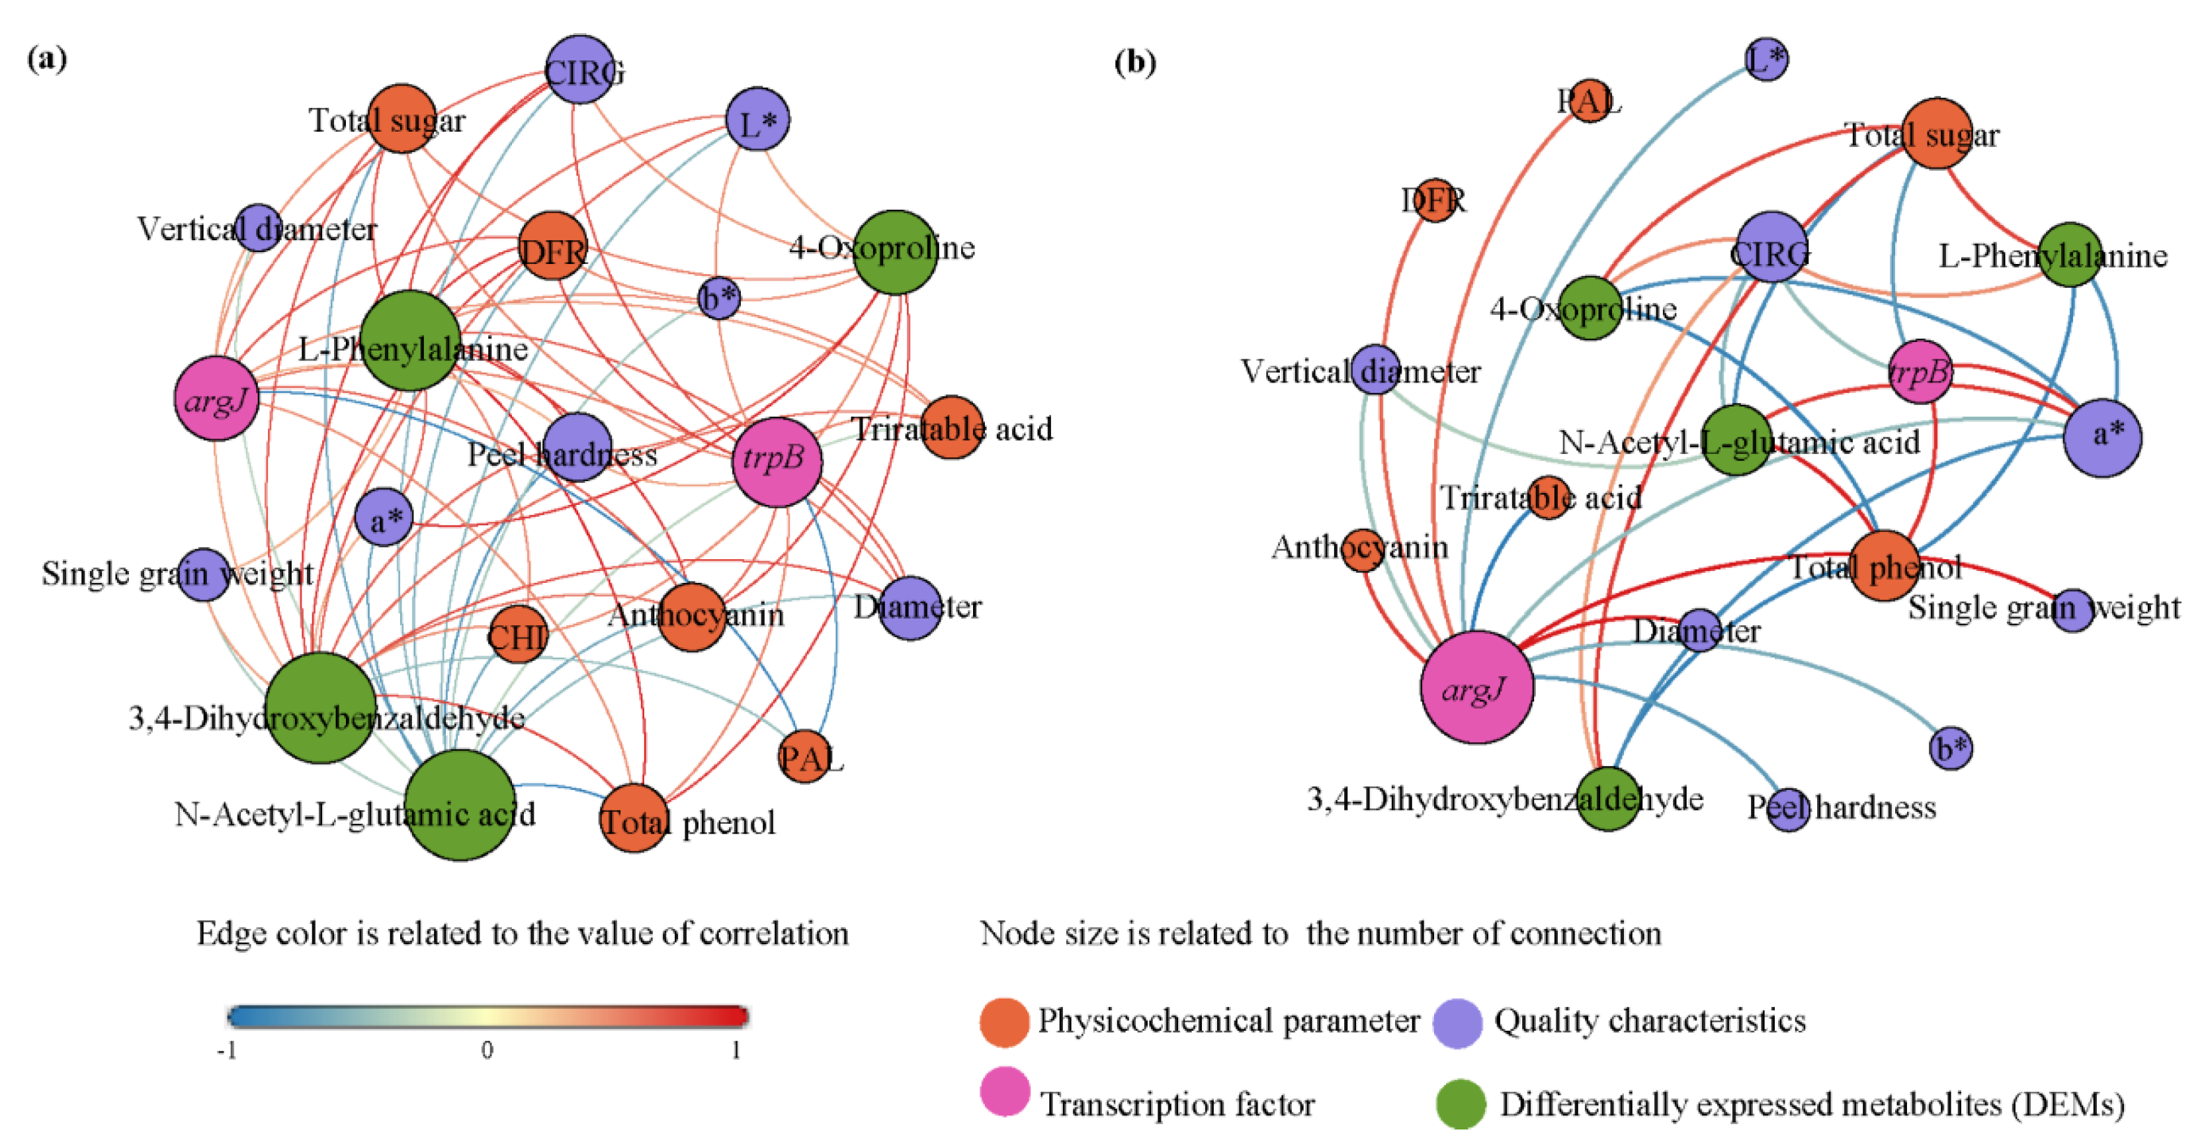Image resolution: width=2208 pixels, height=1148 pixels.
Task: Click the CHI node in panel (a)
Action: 518,635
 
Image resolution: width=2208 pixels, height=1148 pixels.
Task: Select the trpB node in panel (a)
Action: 777,462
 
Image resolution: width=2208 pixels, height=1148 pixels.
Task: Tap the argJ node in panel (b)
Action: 1476,687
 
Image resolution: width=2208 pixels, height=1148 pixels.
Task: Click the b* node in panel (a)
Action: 718,298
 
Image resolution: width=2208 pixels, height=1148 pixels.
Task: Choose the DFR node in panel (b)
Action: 1434,200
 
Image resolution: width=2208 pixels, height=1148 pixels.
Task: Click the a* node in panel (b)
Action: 2102,437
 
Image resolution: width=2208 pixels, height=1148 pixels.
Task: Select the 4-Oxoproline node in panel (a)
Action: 894,252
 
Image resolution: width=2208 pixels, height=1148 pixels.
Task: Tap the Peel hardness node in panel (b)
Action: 1788,809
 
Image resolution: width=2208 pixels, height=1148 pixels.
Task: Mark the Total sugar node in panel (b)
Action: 1935,133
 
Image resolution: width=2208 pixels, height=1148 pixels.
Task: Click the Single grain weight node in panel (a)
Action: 203,574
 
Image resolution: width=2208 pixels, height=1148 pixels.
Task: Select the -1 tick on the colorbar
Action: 226,1050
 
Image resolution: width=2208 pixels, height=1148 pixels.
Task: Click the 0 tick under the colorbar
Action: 487,1050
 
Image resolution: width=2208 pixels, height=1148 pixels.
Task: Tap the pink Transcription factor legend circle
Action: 1005,1091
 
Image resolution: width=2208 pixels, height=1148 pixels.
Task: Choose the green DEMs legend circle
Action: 1461,1104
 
